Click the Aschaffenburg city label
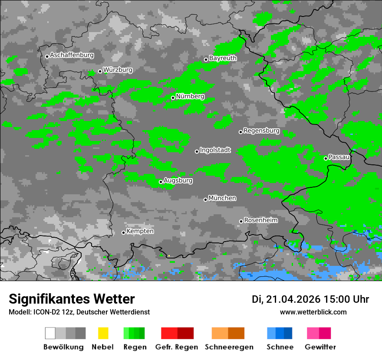[x=72, y=55]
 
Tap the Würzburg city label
[x=118, y=70]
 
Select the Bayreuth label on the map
[x=223, y=58]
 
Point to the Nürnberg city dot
[x=173, y=98]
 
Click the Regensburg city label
[x=261, y=131]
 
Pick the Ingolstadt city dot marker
[x=197, y=151]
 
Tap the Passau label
[x=339, y=157]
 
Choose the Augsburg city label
[x=178, y=180]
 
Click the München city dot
[x=205, y=200]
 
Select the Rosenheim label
[x=260, y=220]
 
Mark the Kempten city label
[x=140, y=231]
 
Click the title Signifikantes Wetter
[x=72, y=299]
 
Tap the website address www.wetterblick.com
[x=313, y=312]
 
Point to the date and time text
[x=310, y=299]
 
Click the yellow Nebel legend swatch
[x=103, y=333]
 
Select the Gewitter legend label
[x=320, y=347]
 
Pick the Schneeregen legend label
[x=229, y=347]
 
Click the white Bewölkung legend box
[x=50, y=333]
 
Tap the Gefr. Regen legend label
[x=176, y=347]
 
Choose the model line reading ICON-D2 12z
[x=79, y=312]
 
